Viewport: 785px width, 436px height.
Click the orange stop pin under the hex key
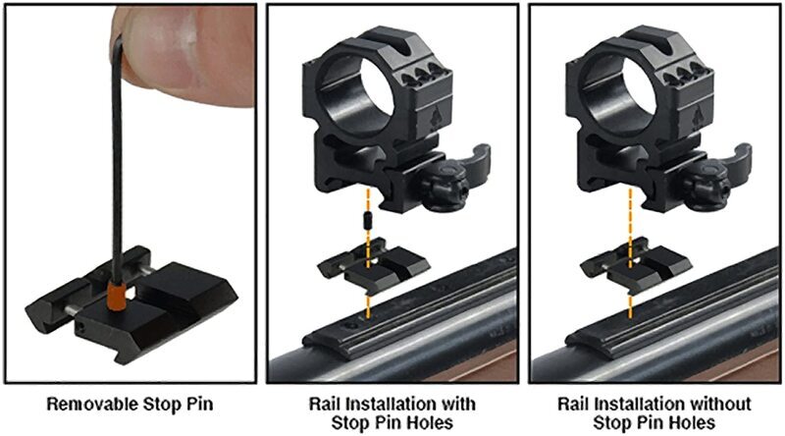116,296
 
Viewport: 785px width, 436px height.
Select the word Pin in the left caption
200,404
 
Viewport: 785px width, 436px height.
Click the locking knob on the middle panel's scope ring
445,188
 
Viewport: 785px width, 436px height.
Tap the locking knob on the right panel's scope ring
706,188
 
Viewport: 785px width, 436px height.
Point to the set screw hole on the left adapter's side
81,327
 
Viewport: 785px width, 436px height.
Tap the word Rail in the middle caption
325,404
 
